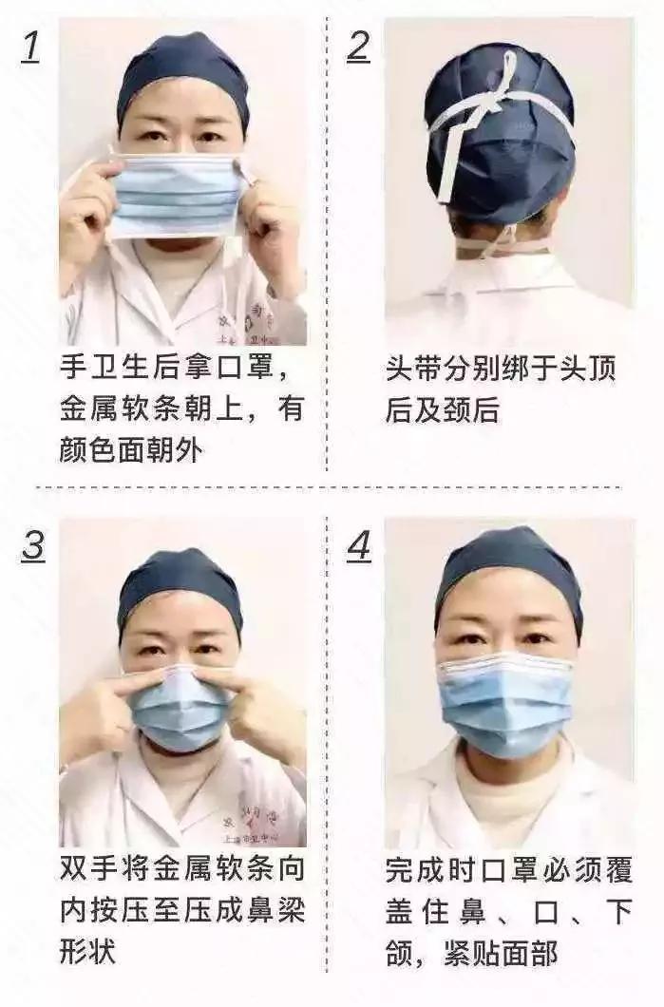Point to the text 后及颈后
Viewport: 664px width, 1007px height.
pos(442,409)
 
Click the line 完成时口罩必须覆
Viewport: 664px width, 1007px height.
pos(508,869)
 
